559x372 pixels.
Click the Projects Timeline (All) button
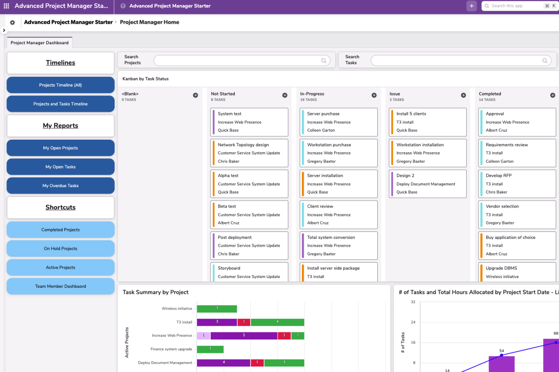(x=61, y=85)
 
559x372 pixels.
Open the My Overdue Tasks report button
(x=61, y=186)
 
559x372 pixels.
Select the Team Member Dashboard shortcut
(x=61, y=286)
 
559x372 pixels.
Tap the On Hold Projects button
(x=61, y=249)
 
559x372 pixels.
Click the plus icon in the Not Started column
(x=285, y=95)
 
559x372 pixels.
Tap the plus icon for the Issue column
(x=463, y=95)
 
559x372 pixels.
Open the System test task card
(x=249, y=122)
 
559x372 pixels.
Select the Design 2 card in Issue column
(x=428, y=183)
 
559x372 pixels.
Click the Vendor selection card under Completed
(x=517, y=215)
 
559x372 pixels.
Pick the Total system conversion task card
(x=338, y=245)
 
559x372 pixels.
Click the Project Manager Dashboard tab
(x=40, y=43)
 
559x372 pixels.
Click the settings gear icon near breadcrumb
(x=13, y=22)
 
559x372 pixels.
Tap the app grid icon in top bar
(x=6, y=6)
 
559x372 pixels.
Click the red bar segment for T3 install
(x=244, y=322)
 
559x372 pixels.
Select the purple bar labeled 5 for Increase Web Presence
(x=244, y=335)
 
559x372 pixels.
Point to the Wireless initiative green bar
(x=217, y=309)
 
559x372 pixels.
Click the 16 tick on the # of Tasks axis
(x=413, y=343)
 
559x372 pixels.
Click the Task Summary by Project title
(x=156, y=292)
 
